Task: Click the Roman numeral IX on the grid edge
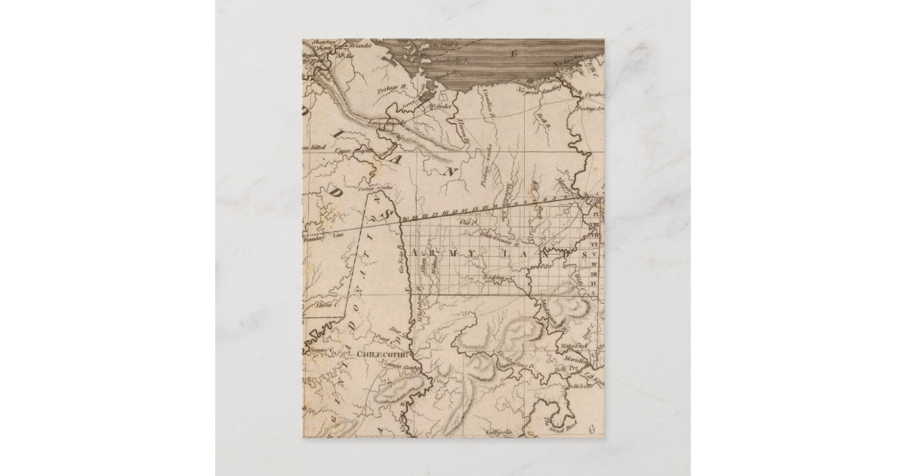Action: pos(593,214)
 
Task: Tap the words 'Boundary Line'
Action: pos(313,236)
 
